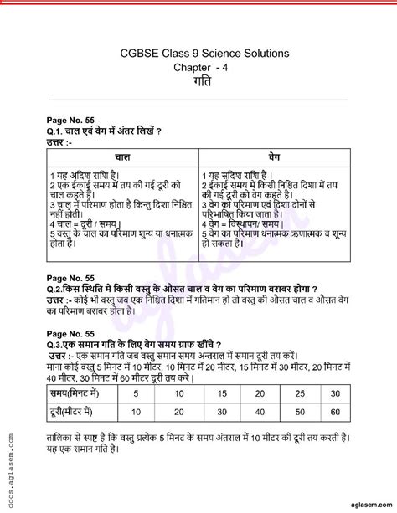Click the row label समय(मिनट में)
80,392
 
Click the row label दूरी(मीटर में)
80,412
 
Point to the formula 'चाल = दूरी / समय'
83,224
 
